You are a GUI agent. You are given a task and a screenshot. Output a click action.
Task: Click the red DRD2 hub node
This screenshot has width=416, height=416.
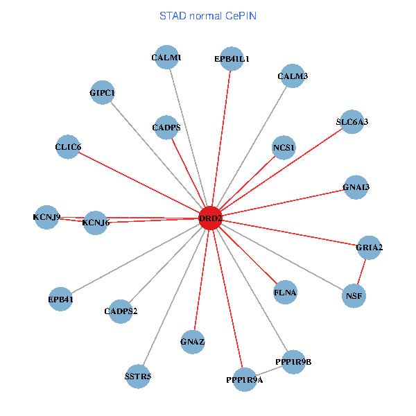point(210,218)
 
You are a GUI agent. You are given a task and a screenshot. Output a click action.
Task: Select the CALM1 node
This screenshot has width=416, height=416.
point(166,58)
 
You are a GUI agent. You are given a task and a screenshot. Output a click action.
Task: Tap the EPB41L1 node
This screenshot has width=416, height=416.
point(232,60)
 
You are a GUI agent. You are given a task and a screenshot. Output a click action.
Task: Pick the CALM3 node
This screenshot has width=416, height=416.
point(293,76)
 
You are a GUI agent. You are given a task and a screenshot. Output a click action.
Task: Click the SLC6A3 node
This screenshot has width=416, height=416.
point(352,122)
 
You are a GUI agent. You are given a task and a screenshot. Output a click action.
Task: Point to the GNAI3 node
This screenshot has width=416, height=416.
point(356,187)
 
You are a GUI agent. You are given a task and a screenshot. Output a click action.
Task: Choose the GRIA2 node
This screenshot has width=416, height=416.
point(369,248)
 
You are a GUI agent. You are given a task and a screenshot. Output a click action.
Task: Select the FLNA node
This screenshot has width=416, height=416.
point(285,293)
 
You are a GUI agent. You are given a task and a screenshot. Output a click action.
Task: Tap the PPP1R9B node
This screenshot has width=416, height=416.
point(293,362)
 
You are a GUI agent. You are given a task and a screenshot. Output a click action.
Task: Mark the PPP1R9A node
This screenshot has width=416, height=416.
point(244,380)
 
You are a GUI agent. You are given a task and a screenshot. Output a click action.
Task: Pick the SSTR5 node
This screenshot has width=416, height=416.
point(137,376)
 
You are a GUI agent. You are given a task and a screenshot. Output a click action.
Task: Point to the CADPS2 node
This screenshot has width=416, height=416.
point(121,310)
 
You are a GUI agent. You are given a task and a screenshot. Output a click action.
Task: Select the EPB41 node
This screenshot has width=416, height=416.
point(60,300)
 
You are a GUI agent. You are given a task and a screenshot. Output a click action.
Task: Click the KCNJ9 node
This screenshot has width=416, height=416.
point(46,217)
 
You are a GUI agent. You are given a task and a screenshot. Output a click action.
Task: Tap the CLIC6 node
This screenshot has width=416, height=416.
point(68,147)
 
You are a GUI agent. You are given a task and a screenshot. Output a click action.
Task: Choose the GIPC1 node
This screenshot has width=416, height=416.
point(102,92)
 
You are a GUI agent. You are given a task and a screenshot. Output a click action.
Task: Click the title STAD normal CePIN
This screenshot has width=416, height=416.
point(208,15)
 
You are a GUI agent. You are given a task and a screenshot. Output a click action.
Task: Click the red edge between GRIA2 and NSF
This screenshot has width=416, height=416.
point(362,272)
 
